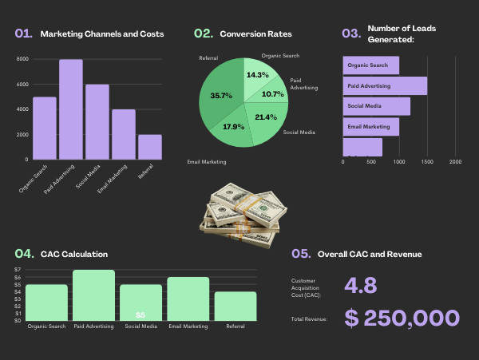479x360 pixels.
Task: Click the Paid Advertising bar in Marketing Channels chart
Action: click(x=70, y=109)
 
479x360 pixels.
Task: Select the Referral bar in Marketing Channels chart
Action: click(x=149, y=147)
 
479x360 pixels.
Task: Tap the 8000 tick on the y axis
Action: click(x=22, y=59)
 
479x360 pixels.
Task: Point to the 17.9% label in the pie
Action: click(x=234, y=126)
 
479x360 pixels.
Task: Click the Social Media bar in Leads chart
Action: click(x=376, y=106)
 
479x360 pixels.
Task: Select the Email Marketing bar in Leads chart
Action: click(x=370, y=126)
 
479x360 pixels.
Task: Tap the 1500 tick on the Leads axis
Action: click(x=427, y=161)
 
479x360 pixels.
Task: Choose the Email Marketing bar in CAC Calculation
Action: click(x=188, y=299)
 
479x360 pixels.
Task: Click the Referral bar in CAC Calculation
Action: click(x=236, y=307)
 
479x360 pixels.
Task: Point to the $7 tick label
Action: click(x=18, y=270)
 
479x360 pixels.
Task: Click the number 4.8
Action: click(x=360, y=286)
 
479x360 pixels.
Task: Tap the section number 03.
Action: click(x=350, y=34)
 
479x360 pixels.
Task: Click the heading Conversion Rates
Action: click(x=255, y=34)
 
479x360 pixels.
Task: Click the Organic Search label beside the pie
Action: click(x=280, y=56)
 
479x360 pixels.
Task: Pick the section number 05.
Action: click(x=300, y=254)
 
